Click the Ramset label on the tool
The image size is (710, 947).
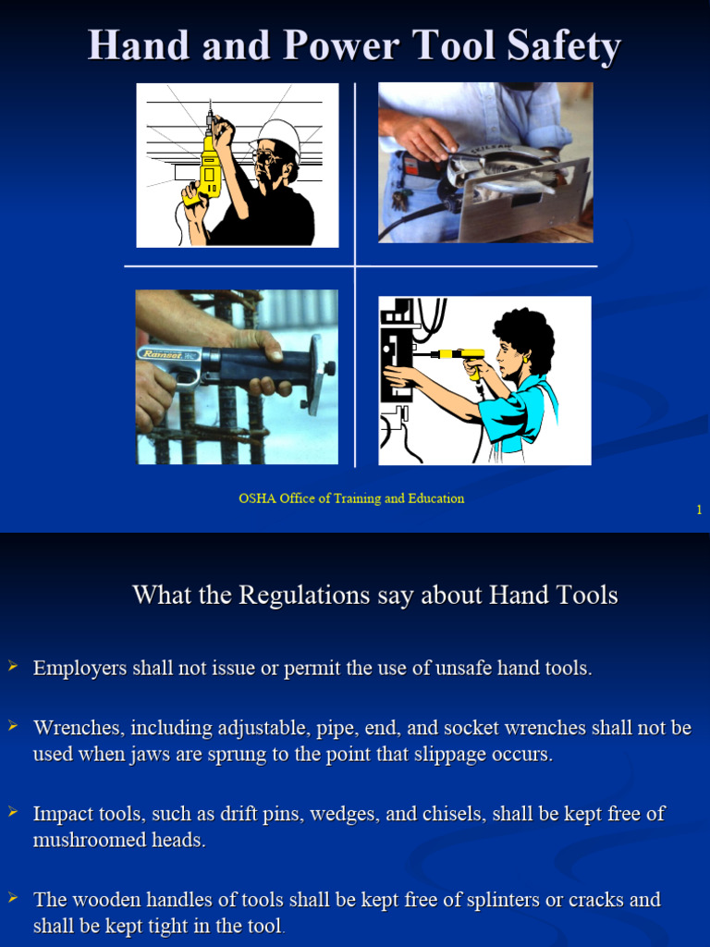coord(163,354)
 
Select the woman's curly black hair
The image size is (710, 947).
coord(525,335)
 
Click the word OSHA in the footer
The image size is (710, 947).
coord(256,498)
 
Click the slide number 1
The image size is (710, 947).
coord(699,510)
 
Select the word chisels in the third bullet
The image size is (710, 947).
coord(456,814)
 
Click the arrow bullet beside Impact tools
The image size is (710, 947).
coord(13,812)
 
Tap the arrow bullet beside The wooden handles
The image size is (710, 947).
coord(13,897)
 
